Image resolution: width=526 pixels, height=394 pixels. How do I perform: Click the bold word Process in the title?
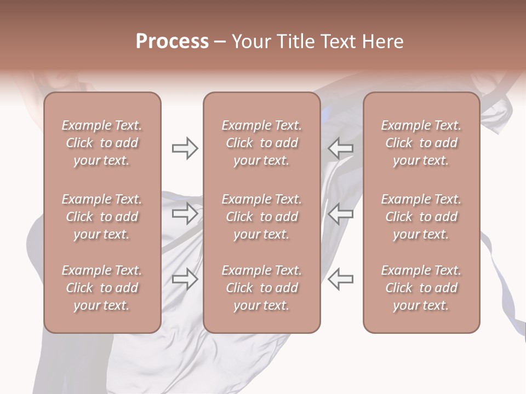pyautogui.click(x=172, y=42)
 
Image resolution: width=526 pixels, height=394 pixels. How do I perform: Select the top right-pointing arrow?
pyautogui.click(x=185, y=148)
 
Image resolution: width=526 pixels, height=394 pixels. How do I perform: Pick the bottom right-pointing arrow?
pyautogui.click(x=185, y=279)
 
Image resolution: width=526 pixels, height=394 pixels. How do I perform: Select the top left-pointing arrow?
pyautogui.click(x=341, y=148)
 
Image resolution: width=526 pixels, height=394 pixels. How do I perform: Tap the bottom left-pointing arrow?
pyautogui.click(x=341, y=279)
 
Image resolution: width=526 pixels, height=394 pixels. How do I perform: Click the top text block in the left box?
pyautogui.click(x=102, y=143)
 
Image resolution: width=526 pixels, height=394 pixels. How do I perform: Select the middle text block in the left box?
pyautogui.click(x=102, y=217)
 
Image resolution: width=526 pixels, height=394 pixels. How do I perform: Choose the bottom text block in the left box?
pyautogui.click(x=102, y=288)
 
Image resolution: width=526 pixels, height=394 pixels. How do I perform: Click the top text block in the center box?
pyautogui.click(x=261, y=143)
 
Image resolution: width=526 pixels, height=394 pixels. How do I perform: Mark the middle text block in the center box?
pyautogui.click(x=261, y=217)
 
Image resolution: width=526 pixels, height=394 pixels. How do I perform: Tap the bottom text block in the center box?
pyautogui.click(x=261, y=288)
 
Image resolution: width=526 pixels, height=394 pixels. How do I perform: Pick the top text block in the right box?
pyautogui.click(x=421, y=143)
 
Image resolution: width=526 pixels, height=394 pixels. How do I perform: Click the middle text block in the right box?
pyautogui.click(x=421, y=217)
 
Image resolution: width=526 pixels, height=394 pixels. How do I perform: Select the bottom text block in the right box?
pyautogui.click(x=421, y=288)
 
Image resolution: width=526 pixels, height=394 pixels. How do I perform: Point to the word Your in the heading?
pyautogui.click(x=250, y=42)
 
